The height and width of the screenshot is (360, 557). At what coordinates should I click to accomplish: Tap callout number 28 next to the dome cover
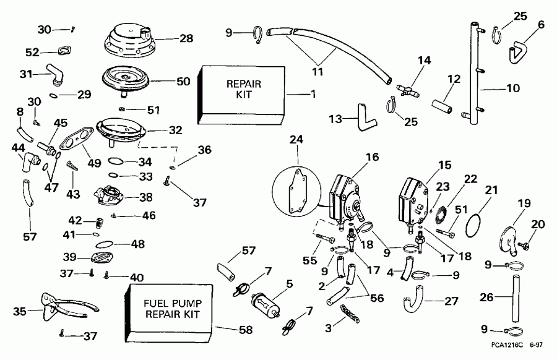[x=186, y=39]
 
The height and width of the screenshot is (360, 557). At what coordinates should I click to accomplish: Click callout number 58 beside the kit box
[x=246, y=331]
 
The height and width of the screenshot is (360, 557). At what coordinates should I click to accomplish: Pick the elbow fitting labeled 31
[x=52, y=76]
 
